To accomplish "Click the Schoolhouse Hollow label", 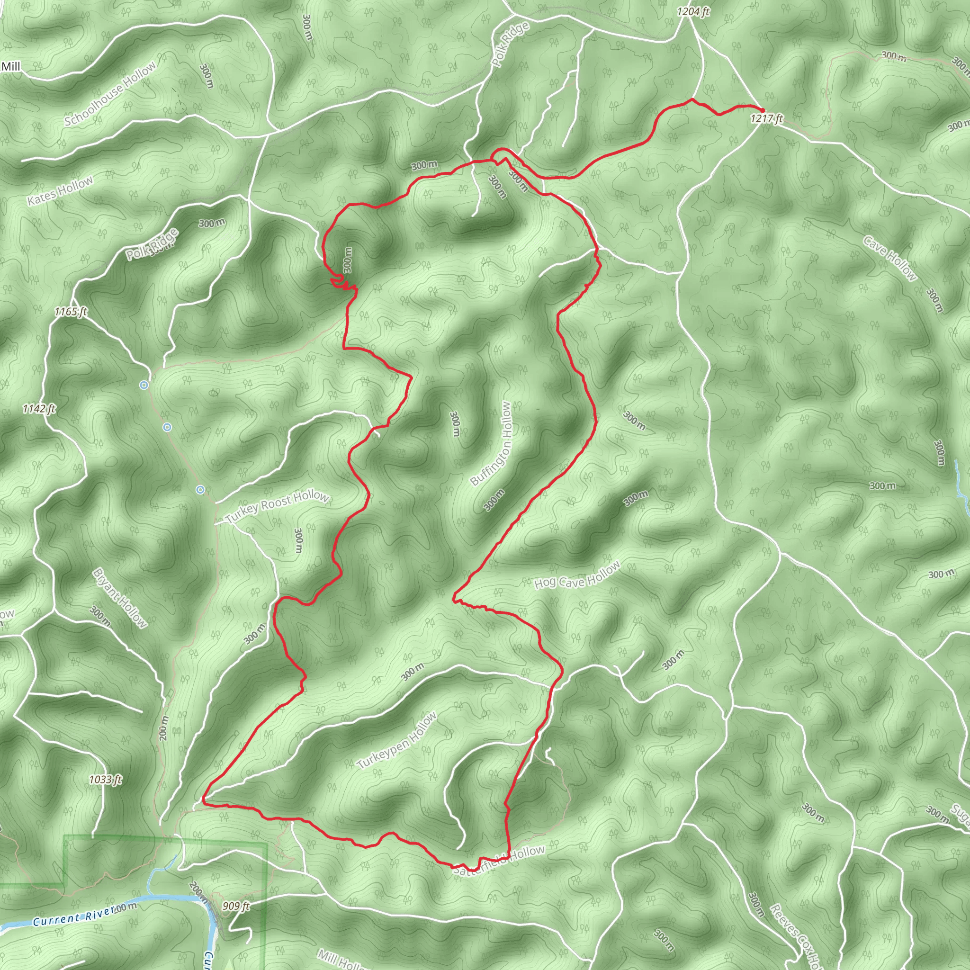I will (110, 95).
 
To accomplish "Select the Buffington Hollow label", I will (492, 444).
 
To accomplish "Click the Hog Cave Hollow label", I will (577, 576).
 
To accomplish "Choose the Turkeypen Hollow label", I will (396, 741).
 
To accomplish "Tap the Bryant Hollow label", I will (120, 598).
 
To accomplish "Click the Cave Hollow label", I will (889, 259).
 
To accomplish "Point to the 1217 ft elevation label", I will (767, 118).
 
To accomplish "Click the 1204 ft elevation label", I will (693, 11).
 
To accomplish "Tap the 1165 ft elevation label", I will (71, 312).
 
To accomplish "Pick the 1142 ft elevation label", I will (39, 409).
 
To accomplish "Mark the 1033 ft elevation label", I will (106, 780).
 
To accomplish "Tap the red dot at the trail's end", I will (762, 110).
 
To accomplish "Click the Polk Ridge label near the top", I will (510, 45).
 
